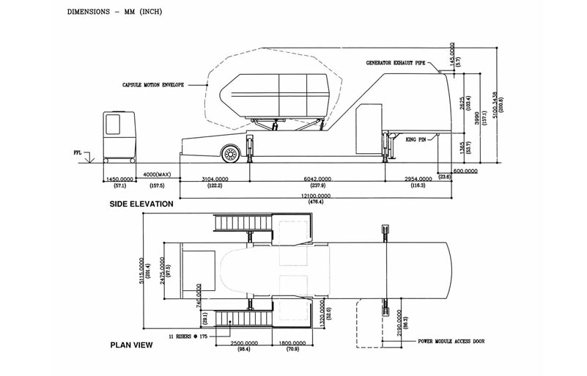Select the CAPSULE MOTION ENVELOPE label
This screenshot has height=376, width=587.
tap(153, 85)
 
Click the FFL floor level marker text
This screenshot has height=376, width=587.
tap(78, 154)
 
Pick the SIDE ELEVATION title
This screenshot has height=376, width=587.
tap(141, 204)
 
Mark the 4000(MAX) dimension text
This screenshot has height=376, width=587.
tap(158, 174)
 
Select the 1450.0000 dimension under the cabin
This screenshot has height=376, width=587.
tap(119, 179)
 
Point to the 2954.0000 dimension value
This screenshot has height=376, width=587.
tap(418, 179)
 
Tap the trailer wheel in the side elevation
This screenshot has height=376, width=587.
tap(231, 154)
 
